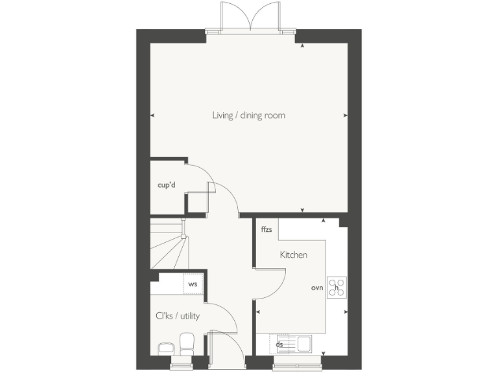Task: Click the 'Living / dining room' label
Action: tap(248, 116)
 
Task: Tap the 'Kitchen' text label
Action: tap(293, 255)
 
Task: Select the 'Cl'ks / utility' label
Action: tap(177, 316)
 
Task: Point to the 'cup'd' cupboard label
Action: tap(167, 185)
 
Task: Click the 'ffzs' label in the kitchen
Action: tap(266, 230)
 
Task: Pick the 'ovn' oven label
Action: tap(316, 287)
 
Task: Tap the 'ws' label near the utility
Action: tap(193, 284)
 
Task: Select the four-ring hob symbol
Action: tap(337, 287)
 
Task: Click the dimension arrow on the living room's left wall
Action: tap(152, 116)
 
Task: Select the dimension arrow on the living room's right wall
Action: tap(344, 116)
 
